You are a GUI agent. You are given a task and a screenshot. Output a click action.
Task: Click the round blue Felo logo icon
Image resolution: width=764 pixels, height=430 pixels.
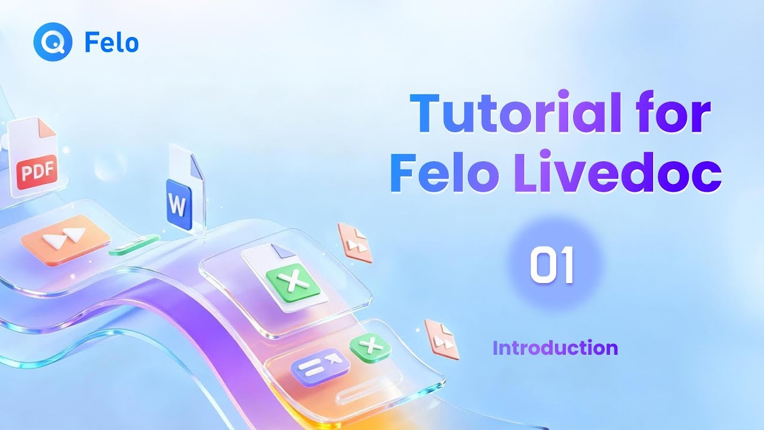[x=53, y=43]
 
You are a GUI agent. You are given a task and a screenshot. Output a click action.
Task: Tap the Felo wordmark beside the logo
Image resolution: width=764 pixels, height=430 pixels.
[x=112, y=43]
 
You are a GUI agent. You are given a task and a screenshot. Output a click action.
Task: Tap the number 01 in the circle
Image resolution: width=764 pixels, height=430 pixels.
[x=552, y=266]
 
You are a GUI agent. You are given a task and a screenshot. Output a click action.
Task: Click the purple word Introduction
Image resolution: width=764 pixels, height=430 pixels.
[x=555, y=348]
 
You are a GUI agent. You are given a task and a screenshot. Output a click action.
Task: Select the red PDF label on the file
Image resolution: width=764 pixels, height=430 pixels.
[x=37, y=172]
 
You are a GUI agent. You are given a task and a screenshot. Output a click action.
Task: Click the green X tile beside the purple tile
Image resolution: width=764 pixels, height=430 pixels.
[x=369, y=346]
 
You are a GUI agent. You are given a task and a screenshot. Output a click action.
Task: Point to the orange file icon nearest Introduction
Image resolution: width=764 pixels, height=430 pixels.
[x=442, y=339]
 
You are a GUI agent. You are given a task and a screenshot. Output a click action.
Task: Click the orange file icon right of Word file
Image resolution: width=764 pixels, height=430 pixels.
[x=355, y=242]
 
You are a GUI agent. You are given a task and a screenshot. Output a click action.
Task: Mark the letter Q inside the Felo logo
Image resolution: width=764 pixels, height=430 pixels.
[x=53, y=43]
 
